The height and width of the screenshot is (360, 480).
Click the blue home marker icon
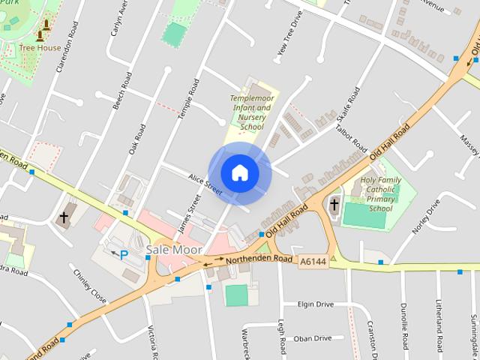239,172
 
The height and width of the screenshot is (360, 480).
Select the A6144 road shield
312,262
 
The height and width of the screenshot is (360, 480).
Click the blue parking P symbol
124,254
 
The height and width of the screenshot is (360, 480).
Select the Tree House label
40,48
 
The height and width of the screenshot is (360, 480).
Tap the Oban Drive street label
312,338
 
